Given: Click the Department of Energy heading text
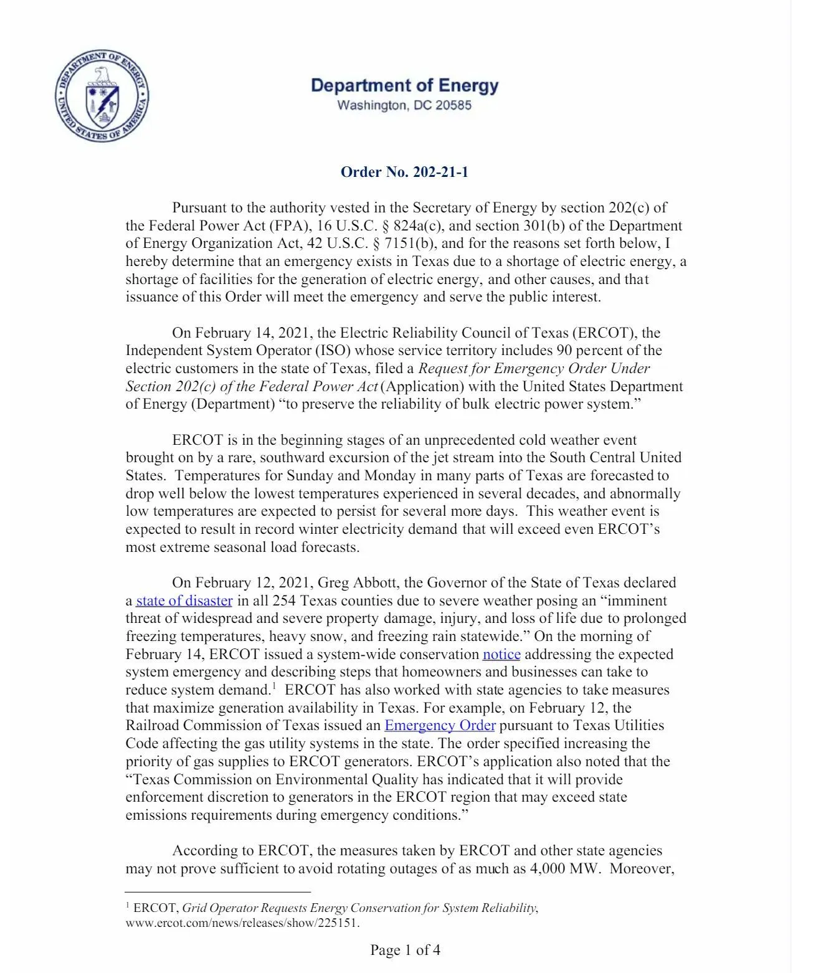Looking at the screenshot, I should [404, 85].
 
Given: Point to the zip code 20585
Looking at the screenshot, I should [454, 105].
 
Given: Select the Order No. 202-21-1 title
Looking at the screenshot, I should [404, 172].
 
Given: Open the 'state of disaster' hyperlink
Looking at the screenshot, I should [184, 600].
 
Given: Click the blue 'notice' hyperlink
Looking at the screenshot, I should [501, 654].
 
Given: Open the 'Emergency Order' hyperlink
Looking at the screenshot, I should [440, 725].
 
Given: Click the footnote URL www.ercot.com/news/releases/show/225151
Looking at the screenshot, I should [242, 923].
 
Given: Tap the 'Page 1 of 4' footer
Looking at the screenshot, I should [405, 950].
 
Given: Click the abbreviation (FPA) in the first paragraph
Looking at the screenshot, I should [291, 225].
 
